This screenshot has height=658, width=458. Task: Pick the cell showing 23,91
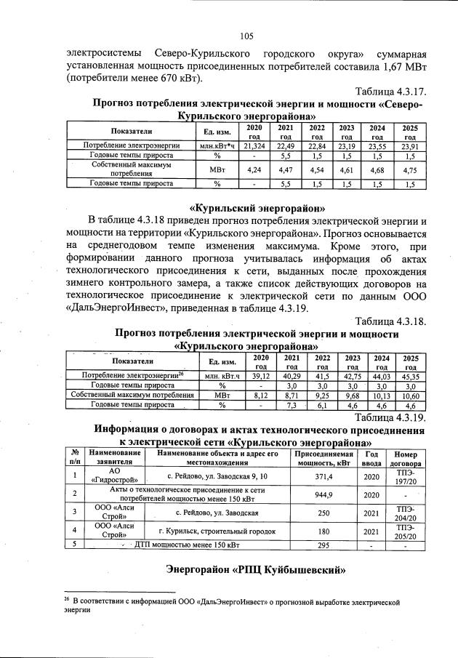(410, 145)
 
